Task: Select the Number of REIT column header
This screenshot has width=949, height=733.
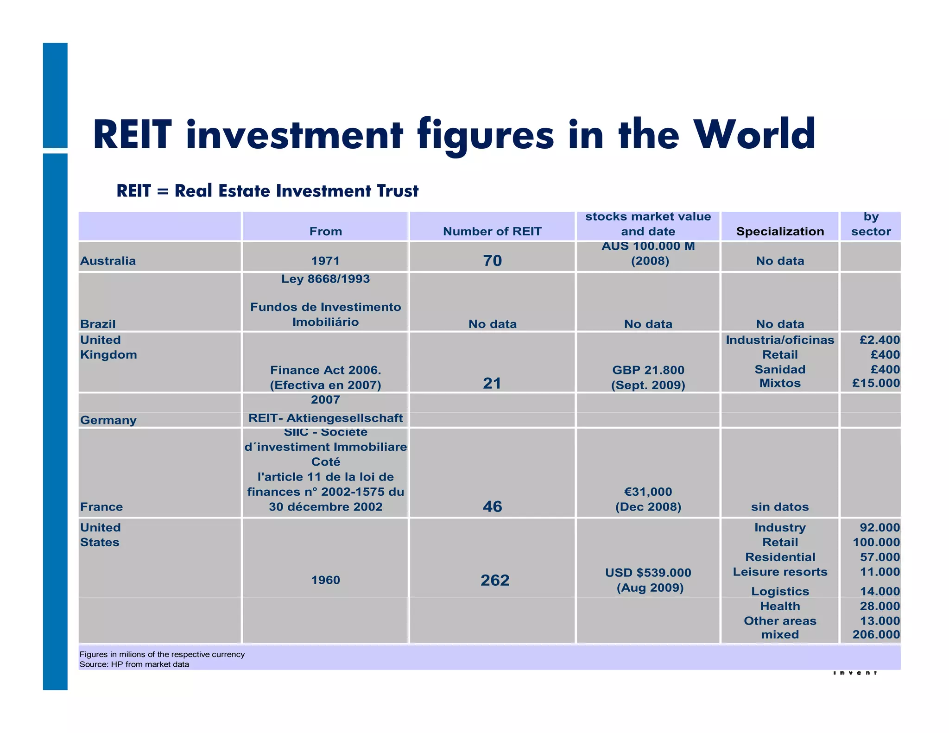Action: [492, 231]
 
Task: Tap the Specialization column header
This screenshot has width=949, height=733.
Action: [780, 231]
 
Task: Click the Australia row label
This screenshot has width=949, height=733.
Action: [108, 261]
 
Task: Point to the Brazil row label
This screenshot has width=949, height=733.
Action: [98, 324]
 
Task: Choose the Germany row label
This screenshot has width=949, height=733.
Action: [108, 420]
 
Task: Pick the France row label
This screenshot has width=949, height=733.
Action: [101, 507]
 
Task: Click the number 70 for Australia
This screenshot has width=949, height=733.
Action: [493, 261]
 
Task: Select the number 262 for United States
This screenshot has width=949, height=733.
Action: [495, 580]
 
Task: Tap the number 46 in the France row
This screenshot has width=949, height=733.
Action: [492, 506]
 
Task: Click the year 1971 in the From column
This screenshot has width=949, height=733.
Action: [325, 261]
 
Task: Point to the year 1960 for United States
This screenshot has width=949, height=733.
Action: [325, 580]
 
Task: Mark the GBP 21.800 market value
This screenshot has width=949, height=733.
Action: [648, 370]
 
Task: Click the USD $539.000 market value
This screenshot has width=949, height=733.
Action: [648, 573]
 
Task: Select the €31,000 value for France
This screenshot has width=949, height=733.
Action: [648, 492]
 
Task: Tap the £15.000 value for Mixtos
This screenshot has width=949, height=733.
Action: [876, 383]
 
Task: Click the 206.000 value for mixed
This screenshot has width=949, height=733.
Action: [876, 635]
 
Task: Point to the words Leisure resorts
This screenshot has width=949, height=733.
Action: [780, 572]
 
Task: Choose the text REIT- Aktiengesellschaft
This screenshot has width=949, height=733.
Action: [325, 418]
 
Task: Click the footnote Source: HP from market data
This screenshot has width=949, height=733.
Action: [134, 664]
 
